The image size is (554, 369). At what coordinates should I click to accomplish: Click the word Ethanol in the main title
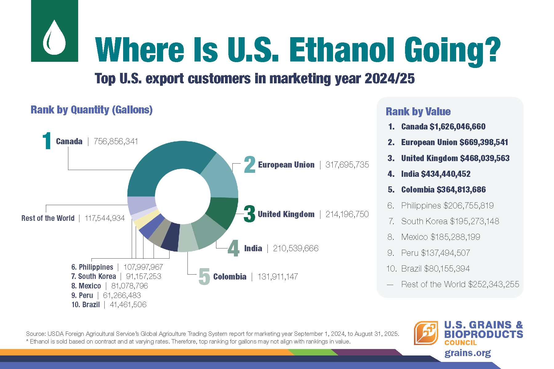[341, 50]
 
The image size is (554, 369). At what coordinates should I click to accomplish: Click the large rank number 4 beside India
[234, 248]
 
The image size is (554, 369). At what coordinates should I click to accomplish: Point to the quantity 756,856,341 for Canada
[116, 141]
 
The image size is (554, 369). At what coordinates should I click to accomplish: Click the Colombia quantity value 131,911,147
[278, 277]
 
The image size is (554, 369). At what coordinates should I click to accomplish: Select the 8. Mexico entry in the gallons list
[110, 286]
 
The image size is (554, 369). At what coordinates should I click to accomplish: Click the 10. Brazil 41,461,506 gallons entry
[109, 305]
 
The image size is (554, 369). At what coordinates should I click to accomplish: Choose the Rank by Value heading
[418, 111]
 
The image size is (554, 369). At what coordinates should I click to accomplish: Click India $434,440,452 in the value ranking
[436, 174]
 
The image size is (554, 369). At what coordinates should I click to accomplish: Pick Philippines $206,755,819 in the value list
[447, 206]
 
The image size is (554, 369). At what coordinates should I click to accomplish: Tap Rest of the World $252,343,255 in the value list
[460, 284]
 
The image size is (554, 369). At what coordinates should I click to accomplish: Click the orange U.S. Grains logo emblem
[426, 333]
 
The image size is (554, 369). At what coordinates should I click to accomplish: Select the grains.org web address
[468, 353]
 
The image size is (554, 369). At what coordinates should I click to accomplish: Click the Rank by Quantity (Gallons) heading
[91, 110]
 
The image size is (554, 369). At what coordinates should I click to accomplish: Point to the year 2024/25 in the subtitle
[389, 79]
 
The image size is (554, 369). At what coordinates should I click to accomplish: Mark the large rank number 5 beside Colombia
[204, 276]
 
